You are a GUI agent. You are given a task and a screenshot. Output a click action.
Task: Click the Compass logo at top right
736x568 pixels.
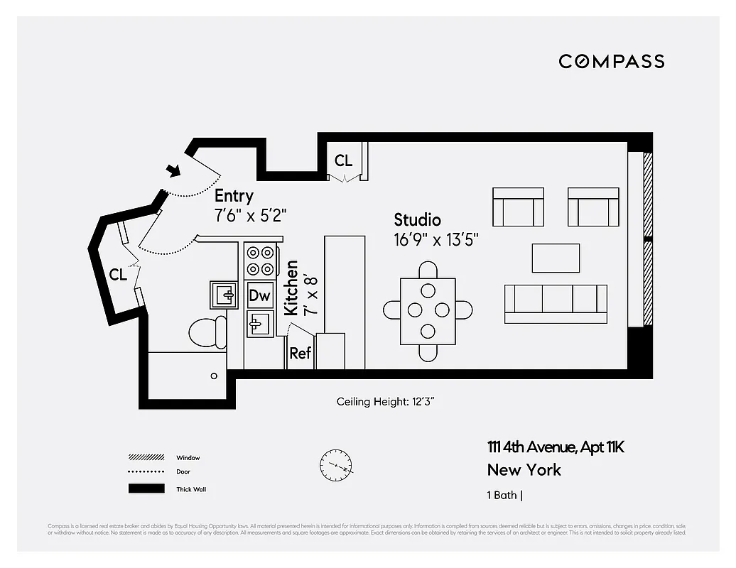(611, 61)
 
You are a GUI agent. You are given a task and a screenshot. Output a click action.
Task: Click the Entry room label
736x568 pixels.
(234, 196)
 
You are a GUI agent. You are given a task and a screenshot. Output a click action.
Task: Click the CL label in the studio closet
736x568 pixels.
(343, 161)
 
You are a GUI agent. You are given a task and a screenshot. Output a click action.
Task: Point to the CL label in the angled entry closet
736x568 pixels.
(118, 275)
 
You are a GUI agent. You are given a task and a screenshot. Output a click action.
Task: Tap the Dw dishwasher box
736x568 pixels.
(260, 295)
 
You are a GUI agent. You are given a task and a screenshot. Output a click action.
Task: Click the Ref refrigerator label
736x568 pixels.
(300, 353)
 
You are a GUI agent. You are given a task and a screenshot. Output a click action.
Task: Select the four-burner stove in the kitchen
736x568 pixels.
(260, 261)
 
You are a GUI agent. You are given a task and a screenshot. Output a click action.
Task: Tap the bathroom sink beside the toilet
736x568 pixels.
(224, 294)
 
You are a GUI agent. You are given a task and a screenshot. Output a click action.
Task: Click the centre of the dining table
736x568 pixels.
(428, 310)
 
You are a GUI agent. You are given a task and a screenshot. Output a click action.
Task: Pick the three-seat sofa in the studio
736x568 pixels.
(556, 304)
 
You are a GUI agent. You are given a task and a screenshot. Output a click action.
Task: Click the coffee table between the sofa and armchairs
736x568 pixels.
(556, 258)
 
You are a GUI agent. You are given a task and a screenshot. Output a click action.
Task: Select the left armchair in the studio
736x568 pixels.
(518, 207)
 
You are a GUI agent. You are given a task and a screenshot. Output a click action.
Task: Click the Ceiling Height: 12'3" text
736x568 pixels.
(385, 402)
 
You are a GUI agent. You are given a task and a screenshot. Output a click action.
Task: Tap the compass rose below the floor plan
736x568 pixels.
(336, 466)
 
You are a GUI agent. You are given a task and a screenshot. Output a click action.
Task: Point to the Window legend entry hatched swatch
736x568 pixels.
(146, 457)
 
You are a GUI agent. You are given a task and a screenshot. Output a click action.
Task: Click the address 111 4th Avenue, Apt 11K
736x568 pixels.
(556, 447)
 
